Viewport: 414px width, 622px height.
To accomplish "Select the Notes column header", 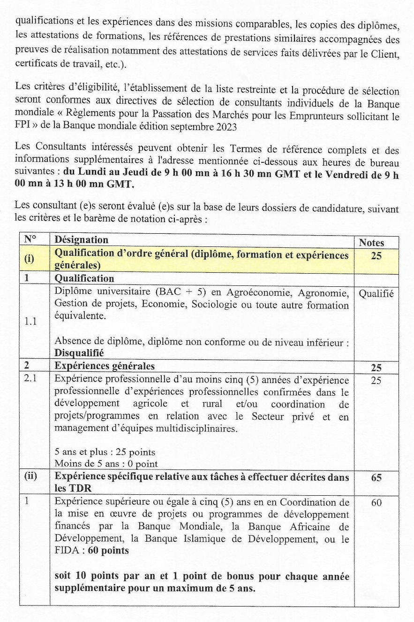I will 371,243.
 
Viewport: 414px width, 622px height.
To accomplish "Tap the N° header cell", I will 30,239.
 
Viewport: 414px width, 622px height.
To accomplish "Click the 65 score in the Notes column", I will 376,478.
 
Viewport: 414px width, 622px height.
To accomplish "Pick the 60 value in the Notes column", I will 376,503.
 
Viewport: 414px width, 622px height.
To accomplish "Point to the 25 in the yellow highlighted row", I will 376,256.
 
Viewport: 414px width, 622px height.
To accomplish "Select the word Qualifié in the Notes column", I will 376,294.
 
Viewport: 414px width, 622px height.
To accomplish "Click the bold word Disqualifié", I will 79,353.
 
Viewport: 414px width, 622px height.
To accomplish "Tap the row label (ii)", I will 31,477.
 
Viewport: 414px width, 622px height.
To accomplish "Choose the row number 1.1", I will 31,322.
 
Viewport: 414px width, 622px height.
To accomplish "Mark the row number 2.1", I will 30,380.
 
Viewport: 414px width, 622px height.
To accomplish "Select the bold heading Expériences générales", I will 105,366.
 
